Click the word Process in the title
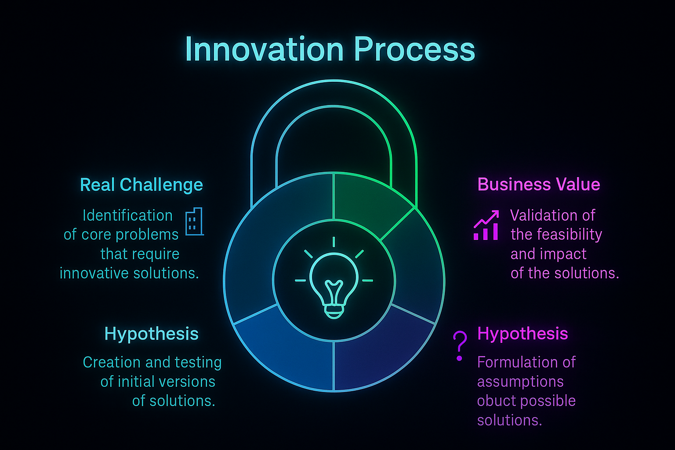pyautogui.click(x=414, y=49)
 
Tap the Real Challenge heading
pyautogui.click(x=141, y=185)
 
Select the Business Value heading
pyautogui.click(x=539, y=185)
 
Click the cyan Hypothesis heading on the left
pyautogui.click(x=151, y=334)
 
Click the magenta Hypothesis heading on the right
pyautogui.click(x=523, y=334)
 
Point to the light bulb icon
pyautogui.click(x=334, y=283)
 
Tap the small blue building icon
pyautogui.click(x=194, y=222)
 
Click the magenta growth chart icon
pyautogui.click(x=486, y=225)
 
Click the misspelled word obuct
pyautogui.click(x=495, y=401)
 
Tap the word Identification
pyautogui.click(x=127, y=216)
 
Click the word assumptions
pyautogui.click(x=520, y=381)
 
